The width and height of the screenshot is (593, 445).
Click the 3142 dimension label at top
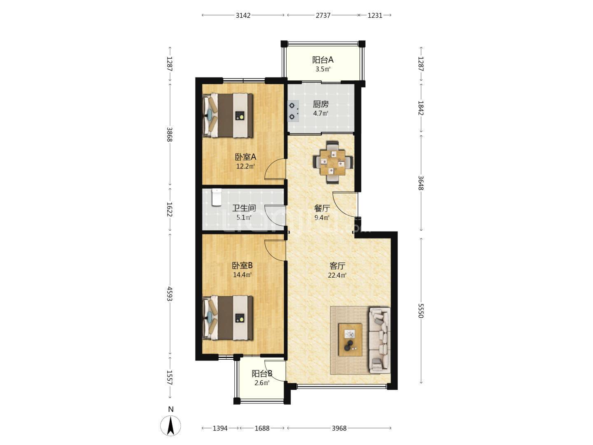[x=243, y=15]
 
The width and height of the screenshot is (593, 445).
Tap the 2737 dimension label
[x=323, y=15]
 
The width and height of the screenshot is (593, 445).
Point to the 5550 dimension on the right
[x=420, y=311]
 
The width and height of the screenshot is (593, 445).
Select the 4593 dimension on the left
[x=170, y=294]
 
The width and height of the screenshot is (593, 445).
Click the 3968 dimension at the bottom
[x=339, y=428]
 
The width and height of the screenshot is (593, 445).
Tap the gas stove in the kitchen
[x=293, y=111]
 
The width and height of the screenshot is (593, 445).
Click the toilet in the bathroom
[x=217, y=197]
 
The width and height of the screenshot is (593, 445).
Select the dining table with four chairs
[x=333, y=162]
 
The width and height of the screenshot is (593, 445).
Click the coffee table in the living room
[x=350, y=340]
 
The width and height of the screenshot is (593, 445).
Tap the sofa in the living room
[x=380, y=340]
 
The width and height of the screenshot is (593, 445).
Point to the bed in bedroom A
[x=228, y=115]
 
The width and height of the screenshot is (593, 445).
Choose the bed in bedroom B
[x=228, y=318]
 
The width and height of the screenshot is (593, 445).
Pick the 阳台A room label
[x=323, y=60]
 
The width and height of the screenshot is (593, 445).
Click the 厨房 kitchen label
[x=321, y=104]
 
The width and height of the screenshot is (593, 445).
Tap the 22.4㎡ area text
[x=337, y=275]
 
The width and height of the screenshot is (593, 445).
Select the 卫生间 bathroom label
[x=244, y=208]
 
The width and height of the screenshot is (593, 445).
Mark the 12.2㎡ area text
[x=245, y=166]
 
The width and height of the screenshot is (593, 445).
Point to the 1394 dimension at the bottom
[x=220, y=428]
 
